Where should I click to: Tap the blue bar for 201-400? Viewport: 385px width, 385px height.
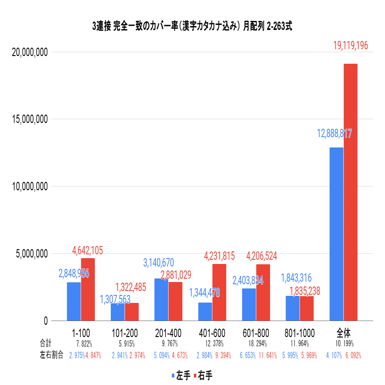pyautogui.click(x=161, y=299)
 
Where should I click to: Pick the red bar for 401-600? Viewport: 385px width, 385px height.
pyautogui.click(x=219, y=292)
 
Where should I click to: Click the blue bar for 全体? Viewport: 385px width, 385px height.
pyautogui.click(x=336, y=234)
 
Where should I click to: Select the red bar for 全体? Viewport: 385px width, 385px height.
pyautogui.click(x=351, y=192)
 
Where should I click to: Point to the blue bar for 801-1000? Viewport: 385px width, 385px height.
pyautogui.click(x=293, y=308)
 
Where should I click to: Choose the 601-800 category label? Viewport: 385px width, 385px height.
pyautogui.click(x=256, y=333)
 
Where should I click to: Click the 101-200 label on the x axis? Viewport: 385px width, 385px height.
pyautogui.click(x=125, y=333)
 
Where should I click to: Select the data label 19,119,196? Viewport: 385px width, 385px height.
pyautogui.click(x=351, y=46)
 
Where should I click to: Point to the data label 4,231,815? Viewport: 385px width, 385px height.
pyautogui.click(x=219, y=256)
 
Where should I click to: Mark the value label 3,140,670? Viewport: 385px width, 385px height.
pyautogui.click(x=158, y=263)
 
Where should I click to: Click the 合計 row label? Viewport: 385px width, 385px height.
pyautogui.click(x=45, y=343)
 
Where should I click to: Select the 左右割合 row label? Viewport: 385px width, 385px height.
pyautogui.click(x=52, y=355)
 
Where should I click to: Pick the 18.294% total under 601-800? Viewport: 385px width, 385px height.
pyautogui.click(x=258, y=343)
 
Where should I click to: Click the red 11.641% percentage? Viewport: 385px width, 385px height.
pyautogui.click(x=268, y=356)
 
